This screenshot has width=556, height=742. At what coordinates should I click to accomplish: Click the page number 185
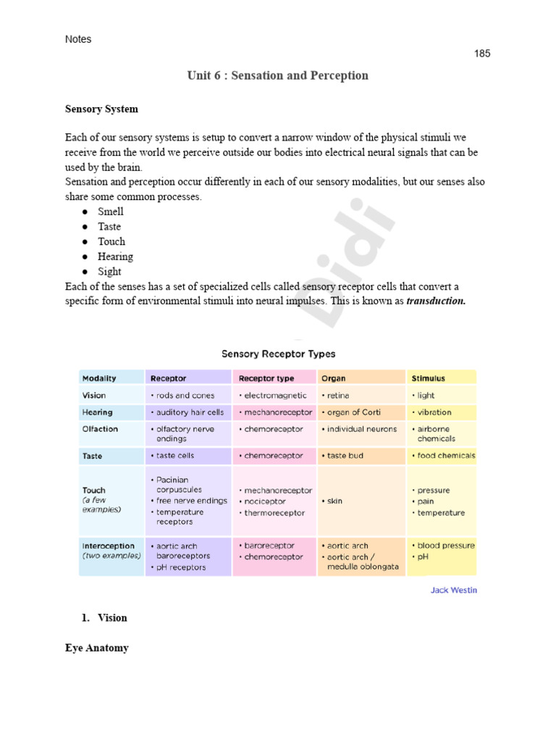point(482,54)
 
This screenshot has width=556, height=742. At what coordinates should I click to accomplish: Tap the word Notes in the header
point(78,39)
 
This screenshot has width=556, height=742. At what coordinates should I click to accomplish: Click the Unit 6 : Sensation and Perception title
point(277,75)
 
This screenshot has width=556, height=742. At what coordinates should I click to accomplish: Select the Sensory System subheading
point(101,109)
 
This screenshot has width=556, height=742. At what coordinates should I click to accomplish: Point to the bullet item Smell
point(111,212)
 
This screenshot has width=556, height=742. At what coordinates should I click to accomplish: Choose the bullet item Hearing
point(115,257)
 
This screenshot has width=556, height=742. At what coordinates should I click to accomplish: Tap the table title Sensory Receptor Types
point(278,354)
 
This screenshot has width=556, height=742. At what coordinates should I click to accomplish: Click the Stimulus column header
point(428,378)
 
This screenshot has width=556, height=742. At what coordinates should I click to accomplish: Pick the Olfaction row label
point(100,429)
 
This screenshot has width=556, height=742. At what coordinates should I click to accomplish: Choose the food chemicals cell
point(444,456)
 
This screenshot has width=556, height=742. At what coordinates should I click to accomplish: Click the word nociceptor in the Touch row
point(266,501)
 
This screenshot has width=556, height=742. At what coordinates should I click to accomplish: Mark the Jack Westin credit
point(454,590)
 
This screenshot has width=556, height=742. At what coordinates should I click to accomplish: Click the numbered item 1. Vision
point(104,618)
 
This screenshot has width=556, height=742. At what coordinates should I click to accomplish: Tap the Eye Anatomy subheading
point(97,648)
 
